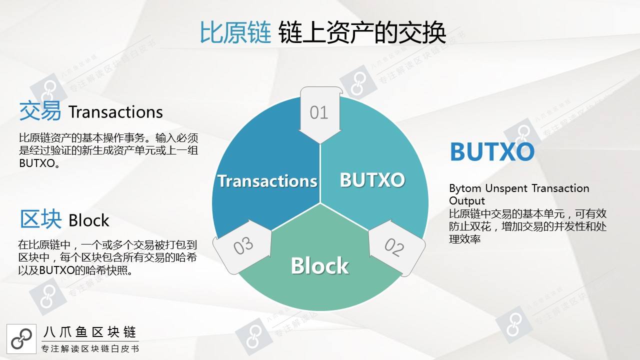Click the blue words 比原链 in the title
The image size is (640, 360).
(x=235, y=32)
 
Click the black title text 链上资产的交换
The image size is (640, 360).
(x=362, y=32)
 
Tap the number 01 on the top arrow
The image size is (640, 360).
(x=319, y=112)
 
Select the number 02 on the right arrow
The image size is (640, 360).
(x=394, y=247)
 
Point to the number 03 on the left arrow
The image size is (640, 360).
(x=243, y=245)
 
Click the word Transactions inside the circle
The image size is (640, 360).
(x=267, y=181)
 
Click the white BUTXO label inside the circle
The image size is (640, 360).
(x=372, y=180)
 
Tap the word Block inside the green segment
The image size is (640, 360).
(x=319, y=265)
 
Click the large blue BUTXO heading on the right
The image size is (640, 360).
(x=492, y=151)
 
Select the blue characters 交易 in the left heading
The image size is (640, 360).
(x=40, y=111)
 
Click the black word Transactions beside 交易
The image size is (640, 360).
(x=115, y=112)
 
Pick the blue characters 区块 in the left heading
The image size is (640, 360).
(x=40, y=219)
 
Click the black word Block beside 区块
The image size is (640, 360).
(x=89, y=220)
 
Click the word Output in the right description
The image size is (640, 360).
(x=467, y=201)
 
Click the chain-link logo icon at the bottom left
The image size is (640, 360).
(x=21, y=339)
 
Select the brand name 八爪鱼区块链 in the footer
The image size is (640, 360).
(x=89, y=332)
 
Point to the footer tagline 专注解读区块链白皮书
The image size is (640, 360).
(x=90, y=349)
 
